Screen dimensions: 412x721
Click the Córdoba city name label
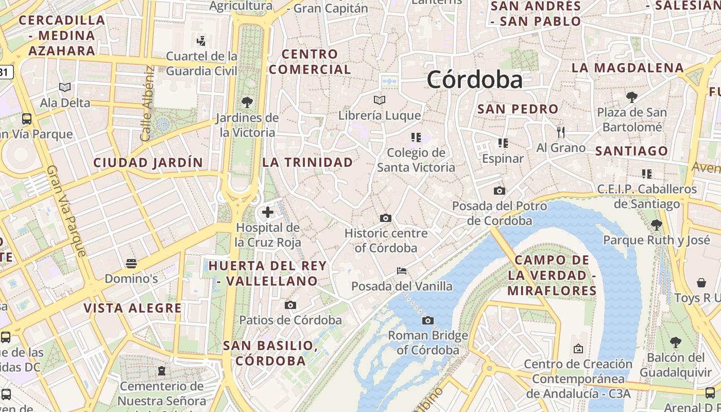pyautogui.click(x=474, y=80)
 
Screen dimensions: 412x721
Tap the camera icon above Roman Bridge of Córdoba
pyautogui.click(x=427, y=320)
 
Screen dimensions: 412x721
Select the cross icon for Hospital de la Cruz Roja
pyautogui.click(x=268, y=212)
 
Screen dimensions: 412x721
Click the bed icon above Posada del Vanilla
pyautogui.click(x=402, y=270)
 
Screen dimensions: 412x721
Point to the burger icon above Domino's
pyautogui.click(x=131, y=264)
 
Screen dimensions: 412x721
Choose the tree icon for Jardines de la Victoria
pyautogui.click(x=247, y=102)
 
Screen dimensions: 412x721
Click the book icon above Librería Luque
pyautogui.click(x=380, y=100)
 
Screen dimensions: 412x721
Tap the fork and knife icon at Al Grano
pyautogui.click(x=561, y=132)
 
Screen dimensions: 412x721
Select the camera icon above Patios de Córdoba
pyautogui.click(x=290, y=305)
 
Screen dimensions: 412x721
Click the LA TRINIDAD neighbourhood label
pyautogui.click(x=307, y=162)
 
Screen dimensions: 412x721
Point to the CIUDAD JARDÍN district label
pyautogui.click(x=148, y=163)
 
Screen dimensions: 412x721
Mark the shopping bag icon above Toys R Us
pyautogui.click(x=701, y=282)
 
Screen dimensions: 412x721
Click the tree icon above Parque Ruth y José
pyautogui.click(x=656, y=225)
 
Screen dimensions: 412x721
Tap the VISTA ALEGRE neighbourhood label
pyautogui.click(x=132, y=308)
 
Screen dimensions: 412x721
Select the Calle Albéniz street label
pyautogui.click(x=147, y=104)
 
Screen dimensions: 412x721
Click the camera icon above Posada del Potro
pyautogui.click(x=499, y=191)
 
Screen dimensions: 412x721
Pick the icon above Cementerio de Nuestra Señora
pyautogui.click(x=162, y=370)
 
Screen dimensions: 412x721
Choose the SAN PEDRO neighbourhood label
pyautogui.click(x=518, y=109)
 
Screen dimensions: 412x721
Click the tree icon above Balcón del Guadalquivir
pyautogui.click(x=675, y=342)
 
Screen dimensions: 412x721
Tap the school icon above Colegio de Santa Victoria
pyautogui.click(x=416, y=137)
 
